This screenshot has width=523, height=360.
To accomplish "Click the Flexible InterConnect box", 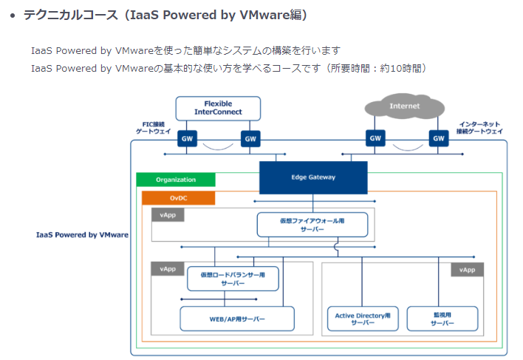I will point(218,107).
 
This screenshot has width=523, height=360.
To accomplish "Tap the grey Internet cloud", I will point(404,106).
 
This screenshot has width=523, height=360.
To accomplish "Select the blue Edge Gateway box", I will point(313,177).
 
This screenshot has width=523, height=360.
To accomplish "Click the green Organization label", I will point(176,180).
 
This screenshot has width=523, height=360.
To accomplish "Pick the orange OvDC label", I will point(178,198).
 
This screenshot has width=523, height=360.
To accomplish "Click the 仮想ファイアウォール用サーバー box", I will point(312,225).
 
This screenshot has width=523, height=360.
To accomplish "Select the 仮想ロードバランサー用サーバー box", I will point(233,278).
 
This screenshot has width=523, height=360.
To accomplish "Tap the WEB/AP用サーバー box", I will point(237,319).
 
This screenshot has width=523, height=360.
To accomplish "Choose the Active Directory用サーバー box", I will point(363,319).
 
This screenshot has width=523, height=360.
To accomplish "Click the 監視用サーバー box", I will point(443,319).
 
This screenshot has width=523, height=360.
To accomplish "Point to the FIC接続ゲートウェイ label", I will point(153,127).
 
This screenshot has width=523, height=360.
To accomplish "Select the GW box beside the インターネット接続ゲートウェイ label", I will point(439,138).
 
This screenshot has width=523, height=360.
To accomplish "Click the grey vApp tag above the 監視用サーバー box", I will point(467,270).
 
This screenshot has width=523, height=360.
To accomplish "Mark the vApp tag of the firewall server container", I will point(168,215).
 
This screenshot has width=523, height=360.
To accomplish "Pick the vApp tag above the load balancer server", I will point(168,269).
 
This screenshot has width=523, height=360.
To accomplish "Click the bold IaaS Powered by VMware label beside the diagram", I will point(82,234).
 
